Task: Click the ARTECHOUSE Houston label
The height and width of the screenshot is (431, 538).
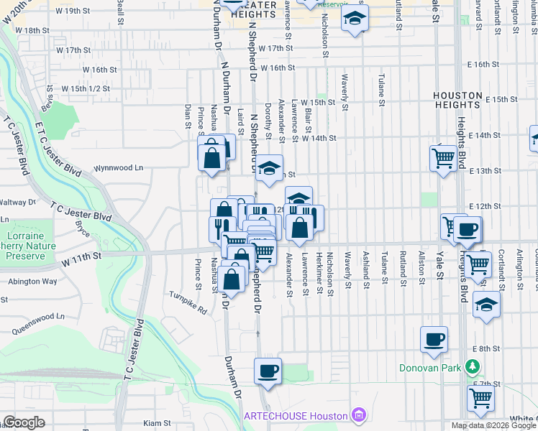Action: coord(296,417)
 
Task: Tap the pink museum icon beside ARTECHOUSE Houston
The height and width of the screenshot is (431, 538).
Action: coord(357,415)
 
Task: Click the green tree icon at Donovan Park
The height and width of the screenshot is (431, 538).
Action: coord(472,368)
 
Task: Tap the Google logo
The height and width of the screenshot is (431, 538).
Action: coord(24,422)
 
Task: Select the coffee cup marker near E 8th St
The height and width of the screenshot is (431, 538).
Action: coord(434,339)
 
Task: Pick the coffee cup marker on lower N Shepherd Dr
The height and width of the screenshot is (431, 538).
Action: coord(268,371)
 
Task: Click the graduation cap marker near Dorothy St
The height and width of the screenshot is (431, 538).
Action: coord(270,168)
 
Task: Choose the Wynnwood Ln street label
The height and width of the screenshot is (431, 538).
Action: coord(119,168)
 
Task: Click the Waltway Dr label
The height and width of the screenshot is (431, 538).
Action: coord(17,203)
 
